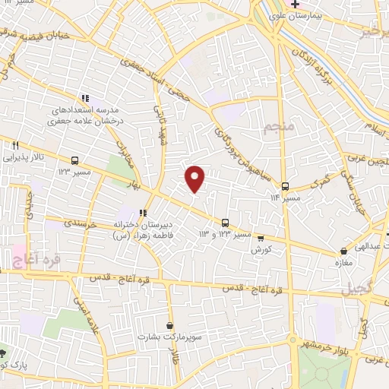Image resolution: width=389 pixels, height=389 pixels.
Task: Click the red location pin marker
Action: [196, 178]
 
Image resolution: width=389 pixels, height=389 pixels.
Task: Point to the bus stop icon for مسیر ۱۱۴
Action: [285, 186]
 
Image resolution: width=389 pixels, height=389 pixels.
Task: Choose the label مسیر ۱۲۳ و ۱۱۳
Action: [225, 234]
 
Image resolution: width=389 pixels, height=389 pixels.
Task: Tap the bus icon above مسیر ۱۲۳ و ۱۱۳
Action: [225, 223]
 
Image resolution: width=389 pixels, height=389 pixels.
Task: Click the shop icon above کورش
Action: [261, 237]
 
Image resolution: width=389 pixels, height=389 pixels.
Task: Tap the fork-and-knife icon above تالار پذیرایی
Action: [14, 146]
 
